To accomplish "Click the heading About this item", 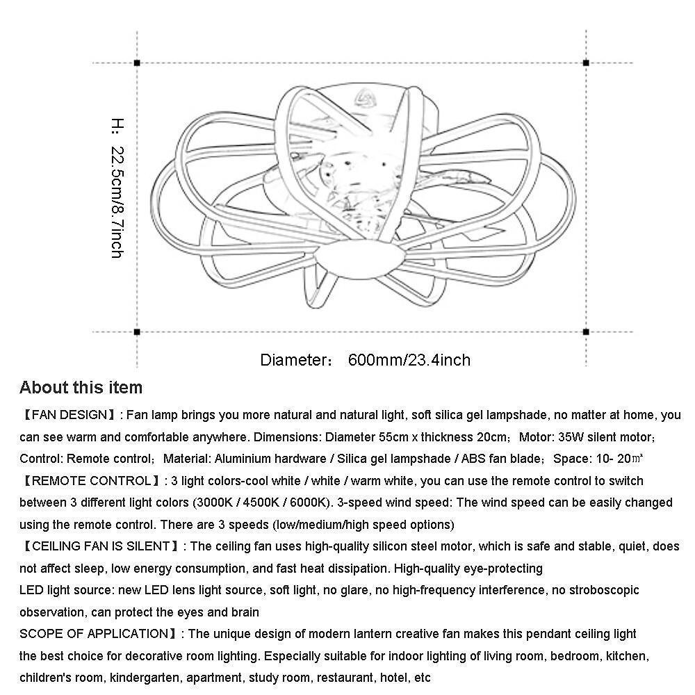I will coord(81,388).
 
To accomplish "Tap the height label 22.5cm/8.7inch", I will coord(117,202).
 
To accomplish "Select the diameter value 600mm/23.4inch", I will coord(409,360).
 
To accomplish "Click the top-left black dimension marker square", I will coord(137,63).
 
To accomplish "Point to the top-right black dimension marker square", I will coord(586,63).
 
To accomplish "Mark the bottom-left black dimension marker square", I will coord(137,332).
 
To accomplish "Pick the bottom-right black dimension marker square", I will coord(586,332).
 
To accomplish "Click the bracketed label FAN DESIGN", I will coord(68,416).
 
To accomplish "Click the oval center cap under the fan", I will coord(361,259).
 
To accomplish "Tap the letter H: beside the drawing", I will coord(117,126).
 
